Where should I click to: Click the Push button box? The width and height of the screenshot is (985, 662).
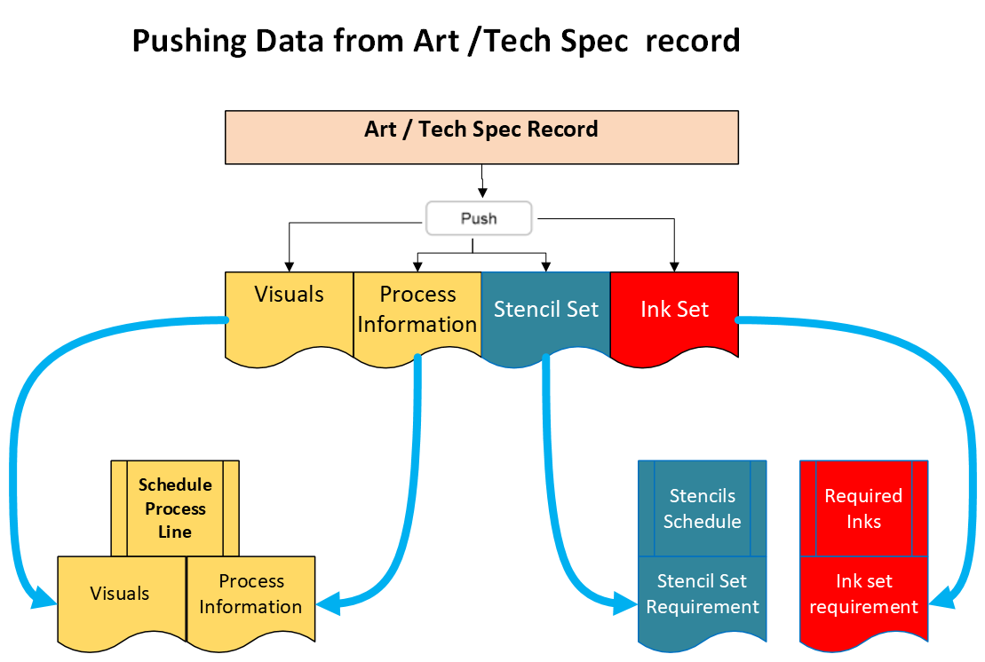tap(479, 218)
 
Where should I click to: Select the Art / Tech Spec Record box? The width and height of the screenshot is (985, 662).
tap(481, 138)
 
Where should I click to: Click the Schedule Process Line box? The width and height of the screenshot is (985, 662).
tap(175, 508)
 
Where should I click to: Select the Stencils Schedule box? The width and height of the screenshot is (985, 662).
tap(703, 508)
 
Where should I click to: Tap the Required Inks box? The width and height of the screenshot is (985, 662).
tap(863, 508)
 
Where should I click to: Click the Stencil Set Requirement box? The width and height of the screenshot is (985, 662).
tap(703, 599)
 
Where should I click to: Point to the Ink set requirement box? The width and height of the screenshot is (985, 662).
tap(863, 599)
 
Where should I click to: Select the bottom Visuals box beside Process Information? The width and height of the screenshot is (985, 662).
tap(122, 599)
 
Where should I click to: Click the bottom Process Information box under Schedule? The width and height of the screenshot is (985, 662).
tap(250, 599)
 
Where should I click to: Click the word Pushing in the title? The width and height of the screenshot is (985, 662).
tap(189, 42)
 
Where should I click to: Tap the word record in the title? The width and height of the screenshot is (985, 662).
tap(692, 41)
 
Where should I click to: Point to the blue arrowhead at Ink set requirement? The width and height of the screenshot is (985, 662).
tap(941, 599)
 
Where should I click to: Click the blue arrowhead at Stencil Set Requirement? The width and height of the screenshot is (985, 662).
tap(624, 603)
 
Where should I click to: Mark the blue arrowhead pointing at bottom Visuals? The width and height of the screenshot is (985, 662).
tap(44, 598)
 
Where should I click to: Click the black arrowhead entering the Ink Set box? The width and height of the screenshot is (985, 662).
tap(674, 267)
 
